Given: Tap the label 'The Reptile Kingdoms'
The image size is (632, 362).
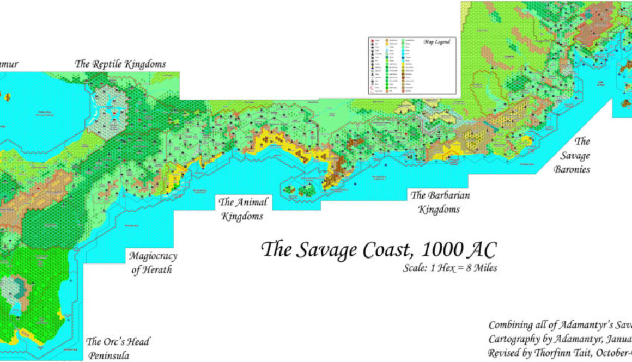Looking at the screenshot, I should (x=120, y=64).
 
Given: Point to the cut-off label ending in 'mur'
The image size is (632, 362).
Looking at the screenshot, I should (x=9, y=64).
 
